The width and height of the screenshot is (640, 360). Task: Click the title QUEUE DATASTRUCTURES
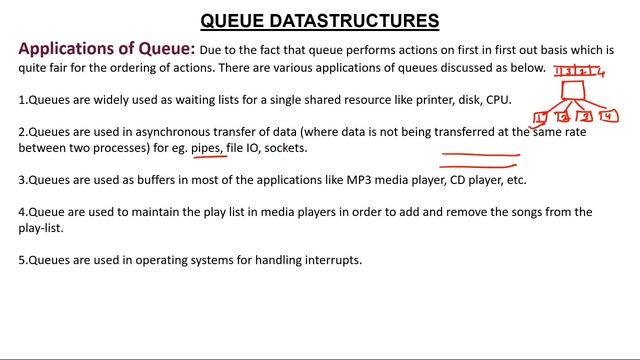(x=319, y=20)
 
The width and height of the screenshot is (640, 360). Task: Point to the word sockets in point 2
(x=285, y=148)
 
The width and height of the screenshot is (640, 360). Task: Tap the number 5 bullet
(x=23, y=260)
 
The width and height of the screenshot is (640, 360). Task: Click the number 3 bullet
(x=23, y=180)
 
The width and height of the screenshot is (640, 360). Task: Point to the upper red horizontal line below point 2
(x=480, y=156)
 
